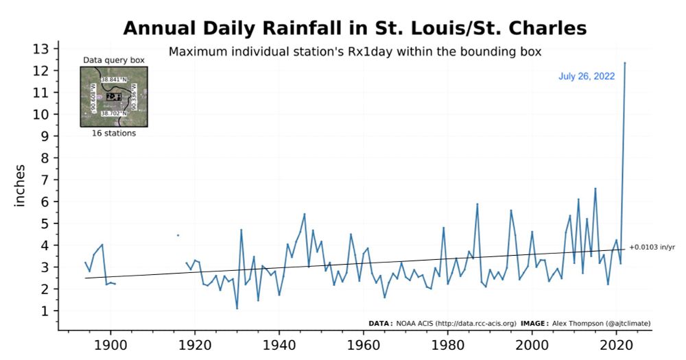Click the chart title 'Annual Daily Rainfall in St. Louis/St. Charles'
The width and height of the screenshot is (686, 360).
(355, 28)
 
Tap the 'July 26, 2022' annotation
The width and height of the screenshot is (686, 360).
(587, 76)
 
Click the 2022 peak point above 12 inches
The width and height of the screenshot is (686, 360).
(624, 63)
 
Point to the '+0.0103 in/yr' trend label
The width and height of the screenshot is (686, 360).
(652, 247)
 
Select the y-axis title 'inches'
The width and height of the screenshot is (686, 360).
(20, 185)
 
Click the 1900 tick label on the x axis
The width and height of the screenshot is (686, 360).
(110, 343)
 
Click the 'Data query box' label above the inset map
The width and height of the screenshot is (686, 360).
(114, 60)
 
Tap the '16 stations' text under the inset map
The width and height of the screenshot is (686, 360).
(114, 133)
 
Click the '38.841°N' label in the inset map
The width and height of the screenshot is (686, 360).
(114, 80)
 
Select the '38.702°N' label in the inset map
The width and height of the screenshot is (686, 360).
(114, 113)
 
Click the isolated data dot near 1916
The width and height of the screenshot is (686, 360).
(178, 235)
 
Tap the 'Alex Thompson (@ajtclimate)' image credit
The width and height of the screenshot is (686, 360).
(596, 323)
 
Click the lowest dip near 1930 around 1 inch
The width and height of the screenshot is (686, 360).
(237, 309)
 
